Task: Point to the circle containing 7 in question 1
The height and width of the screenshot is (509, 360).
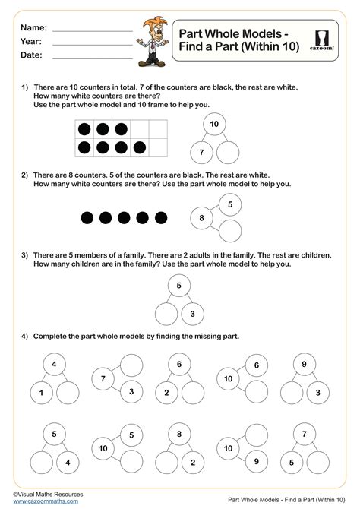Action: [x=201, y=153]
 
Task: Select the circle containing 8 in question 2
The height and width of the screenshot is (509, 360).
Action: [x=202, y=218]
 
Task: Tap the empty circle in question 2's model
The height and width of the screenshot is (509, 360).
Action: [x=231, y=230]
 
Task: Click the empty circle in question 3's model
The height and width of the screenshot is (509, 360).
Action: [x=166, y=313]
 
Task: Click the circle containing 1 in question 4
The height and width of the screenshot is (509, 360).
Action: [x=42, y=393]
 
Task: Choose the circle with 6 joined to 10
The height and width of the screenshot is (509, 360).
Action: [x=256, y=366]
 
